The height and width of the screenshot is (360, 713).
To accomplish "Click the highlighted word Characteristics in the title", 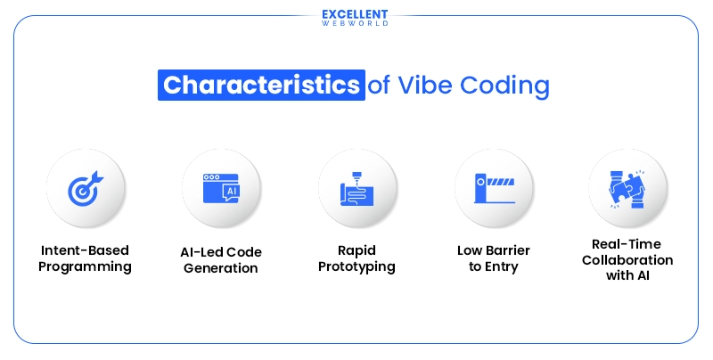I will pos(261,86).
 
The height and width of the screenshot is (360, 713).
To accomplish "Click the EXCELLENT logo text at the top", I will pos(355,13).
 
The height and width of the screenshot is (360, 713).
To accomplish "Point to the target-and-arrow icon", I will pos(85,188).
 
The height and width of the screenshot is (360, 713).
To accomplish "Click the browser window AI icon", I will pos(221,188).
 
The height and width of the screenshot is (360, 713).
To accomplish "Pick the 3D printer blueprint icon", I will pos(356,188).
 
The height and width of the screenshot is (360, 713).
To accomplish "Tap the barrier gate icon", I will pos(493,188).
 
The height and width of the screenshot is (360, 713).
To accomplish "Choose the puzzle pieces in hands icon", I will pos(628,188).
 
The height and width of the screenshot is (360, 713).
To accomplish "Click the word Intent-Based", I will pos(86,251).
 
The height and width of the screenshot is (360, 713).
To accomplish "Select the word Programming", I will pos(86,266).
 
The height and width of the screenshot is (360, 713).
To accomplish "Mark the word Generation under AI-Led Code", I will pos(221,267).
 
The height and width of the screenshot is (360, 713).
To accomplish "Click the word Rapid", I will pos(356,251).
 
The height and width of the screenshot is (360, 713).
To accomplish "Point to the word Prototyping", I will pos(356,266).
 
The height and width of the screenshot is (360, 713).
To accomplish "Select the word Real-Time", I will pos(628,244).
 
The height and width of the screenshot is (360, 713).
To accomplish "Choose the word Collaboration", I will pos(628,259).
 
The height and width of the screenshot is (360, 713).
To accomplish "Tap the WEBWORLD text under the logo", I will pos(355,24).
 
